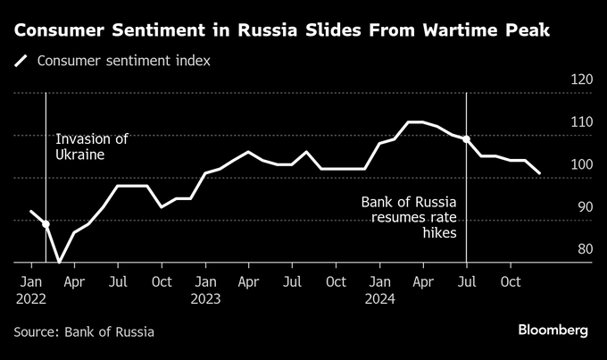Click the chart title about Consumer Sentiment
281,31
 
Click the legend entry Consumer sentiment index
124,62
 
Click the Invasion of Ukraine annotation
92,147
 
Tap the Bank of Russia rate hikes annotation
409,217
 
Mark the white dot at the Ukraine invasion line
46,224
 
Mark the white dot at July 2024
467,139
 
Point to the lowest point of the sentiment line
60,263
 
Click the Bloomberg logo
553,331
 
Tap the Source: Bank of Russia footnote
84,331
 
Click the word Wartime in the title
453,31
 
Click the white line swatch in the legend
21,62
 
